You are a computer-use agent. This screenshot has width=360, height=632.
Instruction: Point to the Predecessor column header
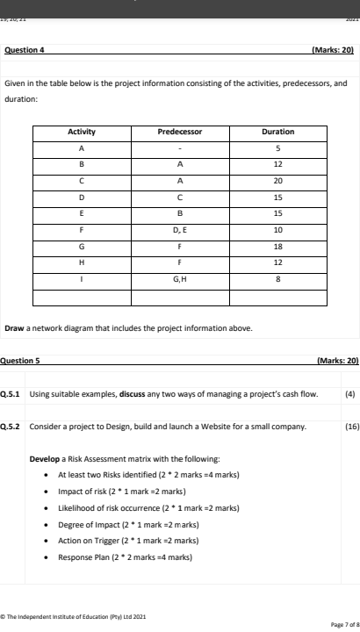click(x=179, y=132)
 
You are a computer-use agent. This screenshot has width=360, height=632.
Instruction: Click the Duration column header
click(x=277, y=132)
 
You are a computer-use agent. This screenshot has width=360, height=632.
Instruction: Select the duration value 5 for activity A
click(x=277, y=146)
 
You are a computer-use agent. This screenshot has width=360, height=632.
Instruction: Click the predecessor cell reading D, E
click(x=179, y=230)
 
